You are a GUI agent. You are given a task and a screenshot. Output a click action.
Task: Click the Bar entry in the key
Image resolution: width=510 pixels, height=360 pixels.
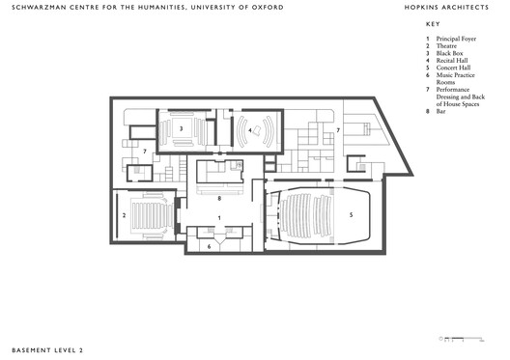[441, 111]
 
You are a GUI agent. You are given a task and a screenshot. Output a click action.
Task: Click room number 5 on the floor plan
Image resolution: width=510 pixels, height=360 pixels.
[351, 214]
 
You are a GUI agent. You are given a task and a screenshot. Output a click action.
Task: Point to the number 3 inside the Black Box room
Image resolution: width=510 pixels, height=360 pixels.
[181, 128]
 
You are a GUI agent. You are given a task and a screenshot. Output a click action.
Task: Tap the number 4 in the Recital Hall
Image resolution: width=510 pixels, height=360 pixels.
[248, 128]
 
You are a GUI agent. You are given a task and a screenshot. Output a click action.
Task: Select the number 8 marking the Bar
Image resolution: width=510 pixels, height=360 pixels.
[219, 197]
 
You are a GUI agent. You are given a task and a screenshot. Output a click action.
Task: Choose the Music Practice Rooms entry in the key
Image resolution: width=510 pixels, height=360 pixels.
[455, 74]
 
